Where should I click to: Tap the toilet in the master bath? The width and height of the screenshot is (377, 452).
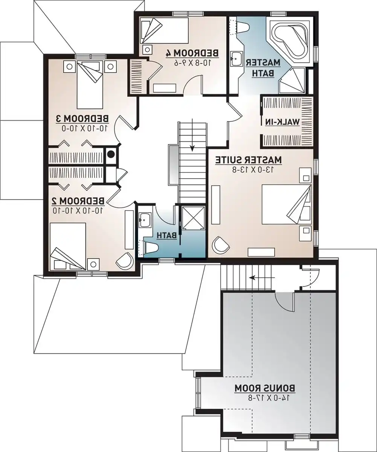(x=241, y=26)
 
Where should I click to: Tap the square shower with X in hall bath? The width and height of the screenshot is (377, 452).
(x=193, y=217)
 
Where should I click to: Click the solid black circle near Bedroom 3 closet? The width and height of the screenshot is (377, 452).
(x=111, y=154)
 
